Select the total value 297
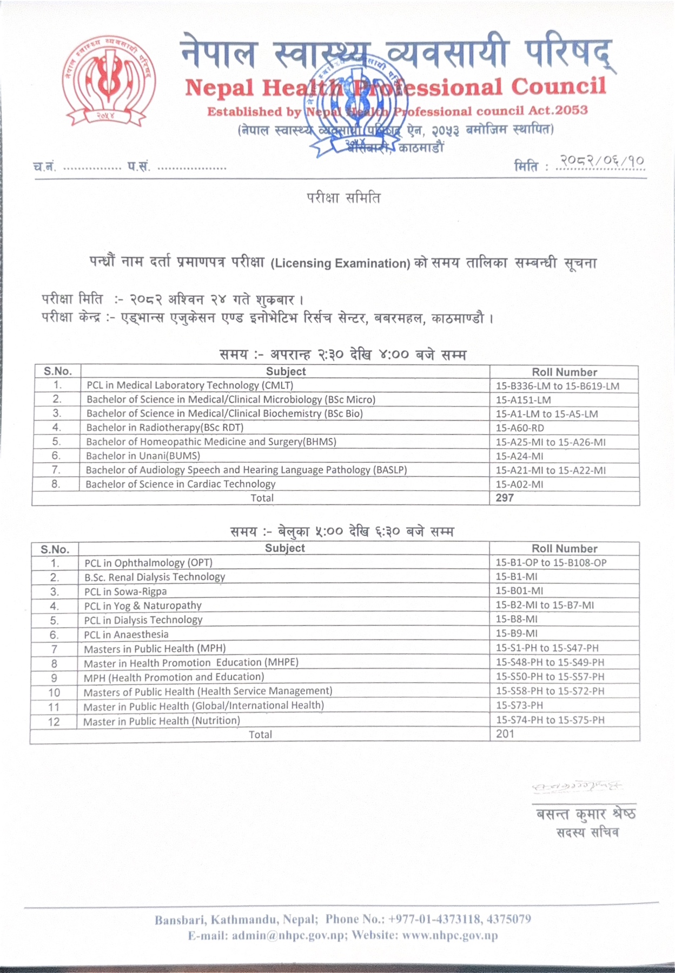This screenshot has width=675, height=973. (505, 498)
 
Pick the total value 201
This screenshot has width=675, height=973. (505, 734)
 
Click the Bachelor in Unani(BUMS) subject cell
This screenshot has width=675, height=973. (143, 456)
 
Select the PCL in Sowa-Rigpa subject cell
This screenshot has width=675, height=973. (125, 591)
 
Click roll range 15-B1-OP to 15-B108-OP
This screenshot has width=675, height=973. (551, 563)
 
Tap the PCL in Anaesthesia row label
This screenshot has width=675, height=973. (126, 634)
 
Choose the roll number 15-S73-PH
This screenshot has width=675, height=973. (519, 705)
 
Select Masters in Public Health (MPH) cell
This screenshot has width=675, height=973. (155, 649)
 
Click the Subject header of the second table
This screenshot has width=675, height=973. (284, 548)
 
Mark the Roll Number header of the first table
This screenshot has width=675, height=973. (564, 372)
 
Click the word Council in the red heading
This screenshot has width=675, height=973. (558, 87)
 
